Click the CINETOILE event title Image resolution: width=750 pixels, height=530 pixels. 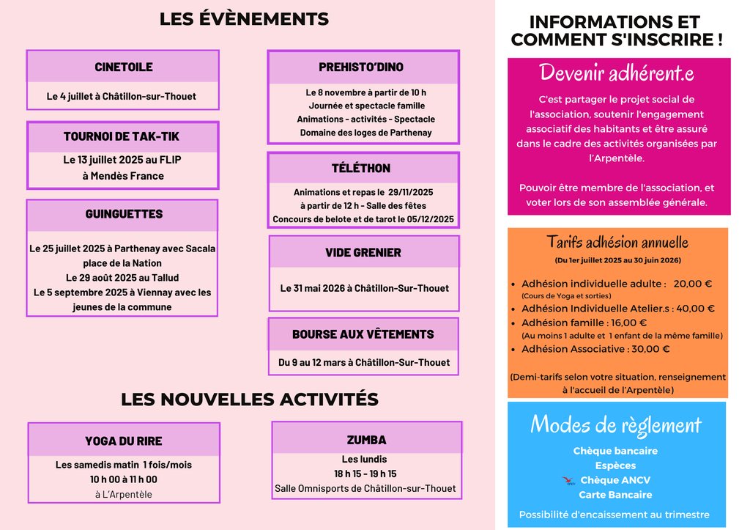pos(124,67)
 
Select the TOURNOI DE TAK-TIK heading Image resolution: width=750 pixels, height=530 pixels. pos(122,137)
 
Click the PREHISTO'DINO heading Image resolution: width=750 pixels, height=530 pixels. pos(361,67)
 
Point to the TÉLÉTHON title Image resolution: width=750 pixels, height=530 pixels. pos(361,169)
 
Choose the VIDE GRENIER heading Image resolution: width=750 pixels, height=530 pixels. pos(363,253)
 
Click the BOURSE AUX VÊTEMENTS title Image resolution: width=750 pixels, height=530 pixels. pos(363,334)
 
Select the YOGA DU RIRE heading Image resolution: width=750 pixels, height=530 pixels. pos(124,441)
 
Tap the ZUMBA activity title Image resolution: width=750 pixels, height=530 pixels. pos(366,440)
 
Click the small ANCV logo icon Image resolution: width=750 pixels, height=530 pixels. pos(568,481)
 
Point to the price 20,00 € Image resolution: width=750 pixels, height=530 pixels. pos(693,284)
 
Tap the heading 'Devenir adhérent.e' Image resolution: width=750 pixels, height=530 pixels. pos(617,73)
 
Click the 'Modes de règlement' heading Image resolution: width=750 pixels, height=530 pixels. pos(616,424)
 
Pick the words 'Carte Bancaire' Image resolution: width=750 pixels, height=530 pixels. pos(615,495)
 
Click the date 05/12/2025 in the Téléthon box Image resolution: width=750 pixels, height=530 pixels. pos(431,219)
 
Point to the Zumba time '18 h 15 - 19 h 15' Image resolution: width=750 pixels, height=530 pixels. pos(365,474)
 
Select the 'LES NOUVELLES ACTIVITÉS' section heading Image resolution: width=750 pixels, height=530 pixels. pos(250,400)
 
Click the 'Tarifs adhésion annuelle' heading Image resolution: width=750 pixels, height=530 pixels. pos(617,243)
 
